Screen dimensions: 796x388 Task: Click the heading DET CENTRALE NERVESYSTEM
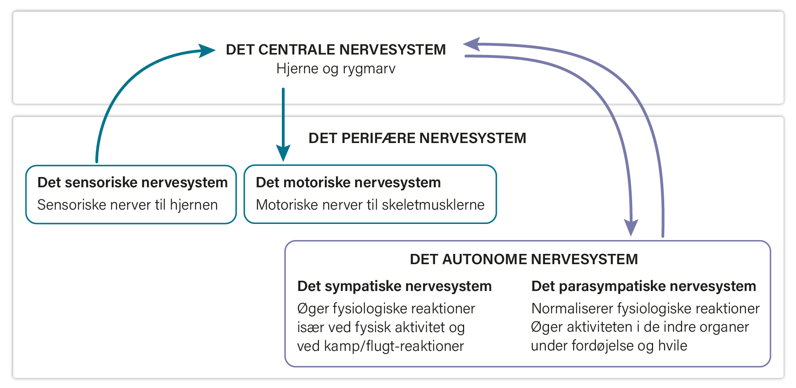[x=336, y=50]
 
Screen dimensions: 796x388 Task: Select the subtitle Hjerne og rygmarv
[x=336, y=69]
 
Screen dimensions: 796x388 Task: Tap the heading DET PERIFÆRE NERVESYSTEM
[x=417, y=138]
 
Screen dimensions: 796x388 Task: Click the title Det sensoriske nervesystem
[x=133, y=182]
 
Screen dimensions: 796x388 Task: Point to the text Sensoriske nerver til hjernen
[x=128, y=205]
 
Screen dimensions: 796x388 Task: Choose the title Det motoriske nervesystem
[x=348, y=182]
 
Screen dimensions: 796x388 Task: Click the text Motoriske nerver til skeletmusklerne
[x=370, y=205]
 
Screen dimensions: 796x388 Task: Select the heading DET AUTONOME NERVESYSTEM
[x=524, y=259]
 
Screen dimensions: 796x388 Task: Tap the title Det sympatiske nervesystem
[x=394, y=286]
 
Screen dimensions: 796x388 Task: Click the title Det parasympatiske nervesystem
[x=644, y=286]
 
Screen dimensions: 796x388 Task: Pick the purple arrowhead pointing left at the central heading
[x=472, y=44]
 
